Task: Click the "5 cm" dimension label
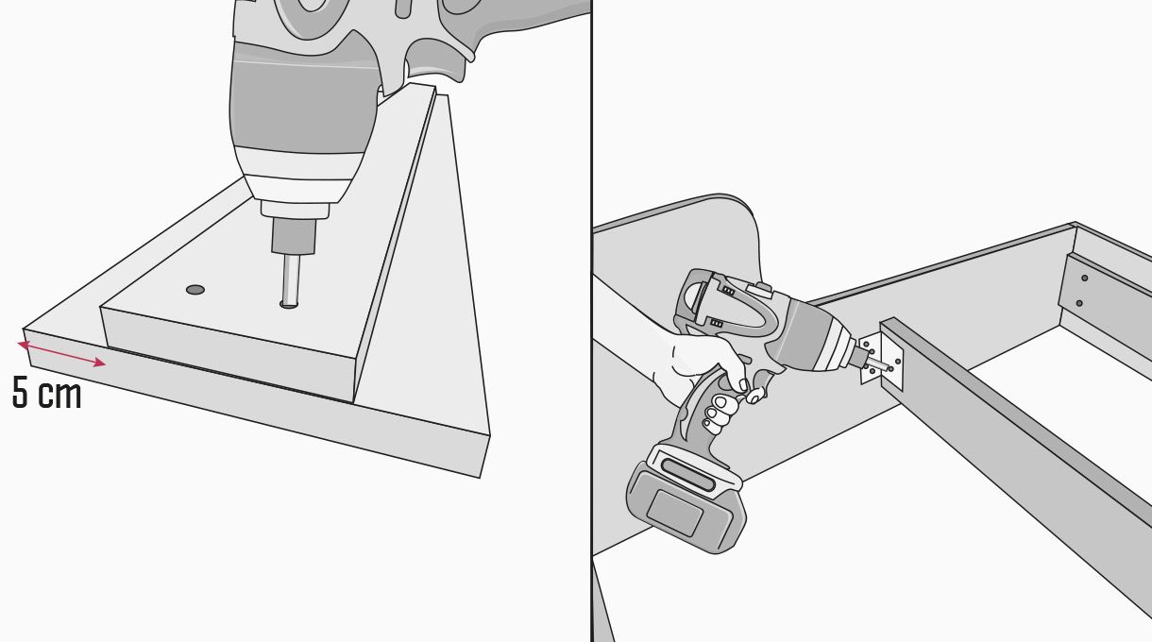pyautogui.click(x=47, y=393)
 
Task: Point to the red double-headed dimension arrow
pyautogui.click(x=61, y=354)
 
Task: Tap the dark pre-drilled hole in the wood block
pyautogui.click(x=195, y=290)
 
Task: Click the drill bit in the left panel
pyautogui.click(x=291, y=280)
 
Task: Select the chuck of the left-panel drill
pyautogui.click(x=294, y=235)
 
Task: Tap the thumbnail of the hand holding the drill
pyautogui.click(x=744, y=384)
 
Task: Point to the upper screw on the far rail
pyautogui.click(x=1085, y=279)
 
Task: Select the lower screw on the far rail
pyautogui.click(x=1079, y=303)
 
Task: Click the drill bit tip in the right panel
pyautogui.click(x=888, y=368)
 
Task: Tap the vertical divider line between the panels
pyautogui.click(x=591, y=321)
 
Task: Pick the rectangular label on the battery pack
pyautogui.click(x=675, y=513)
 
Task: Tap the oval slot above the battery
pyautogui.click(x=687, y=474)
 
